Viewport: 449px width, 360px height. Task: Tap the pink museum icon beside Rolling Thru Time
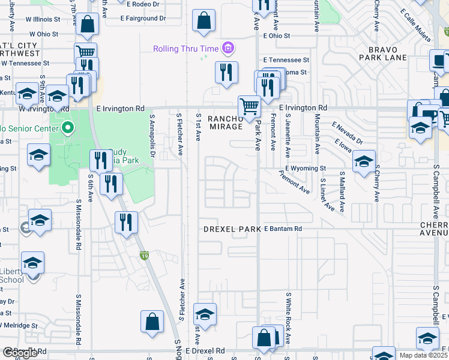point(228,48)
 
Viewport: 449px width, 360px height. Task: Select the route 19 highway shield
point(145,256)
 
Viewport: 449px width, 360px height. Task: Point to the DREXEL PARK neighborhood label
point(232,229)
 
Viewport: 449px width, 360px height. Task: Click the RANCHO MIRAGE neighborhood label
point(225,122)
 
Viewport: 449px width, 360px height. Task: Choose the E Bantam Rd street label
point(283,229)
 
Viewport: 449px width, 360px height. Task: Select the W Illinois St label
point(40,19)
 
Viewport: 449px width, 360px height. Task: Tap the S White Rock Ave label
point(288,318)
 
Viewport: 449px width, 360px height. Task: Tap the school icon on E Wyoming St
point(364,162)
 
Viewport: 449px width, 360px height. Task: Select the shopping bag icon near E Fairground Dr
point(204,21)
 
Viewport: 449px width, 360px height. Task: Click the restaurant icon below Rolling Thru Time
point(226,73)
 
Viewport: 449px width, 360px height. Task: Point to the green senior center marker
point(68,128)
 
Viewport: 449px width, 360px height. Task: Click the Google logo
point(19,353)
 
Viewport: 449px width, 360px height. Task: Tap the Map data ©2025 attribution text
point(423,355)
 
